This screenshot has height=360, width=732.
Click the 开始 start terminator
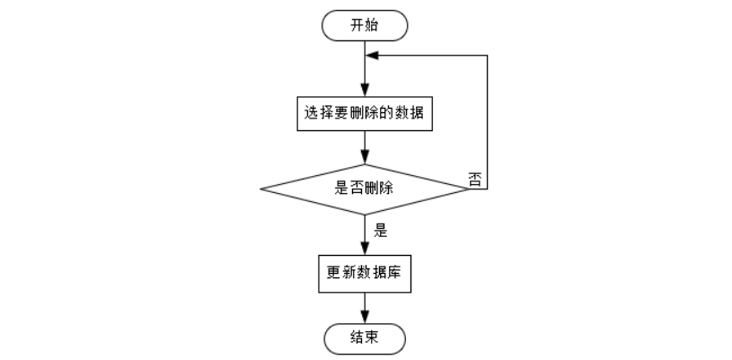point(365,25)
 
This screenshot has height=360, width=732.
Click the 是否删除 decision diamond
point(365,189)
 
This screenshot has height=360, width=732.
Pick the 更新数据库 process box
point(365,275)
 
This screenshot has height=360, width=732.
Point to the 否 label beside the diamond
point(476,178)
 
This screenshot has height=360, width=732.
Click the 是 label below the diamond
point(380,230)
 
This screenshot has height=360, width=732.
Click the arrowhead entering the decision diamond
point(365,159)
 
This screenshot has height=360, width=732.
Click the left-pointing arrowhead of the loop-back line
point(371,55)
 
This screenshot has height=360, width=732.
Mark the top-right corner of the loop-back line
point(487,55)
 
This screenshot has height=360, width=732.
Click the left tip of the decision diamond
point(261,189)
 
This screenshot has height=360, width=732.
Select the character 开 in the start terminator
point(357,25)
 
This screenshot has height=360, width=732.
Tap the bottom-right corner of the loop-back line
point(487,189)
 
